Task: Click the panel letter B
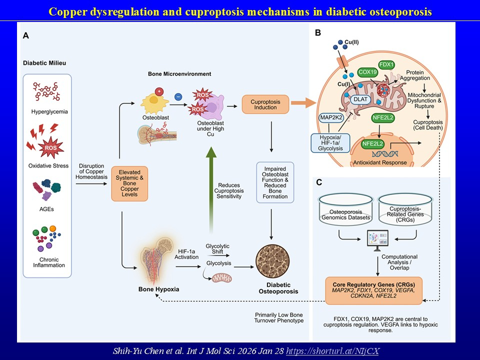pyautogui.click(x=317, y=33)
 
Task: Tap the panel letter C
pyautogui.click(x=318, y=183)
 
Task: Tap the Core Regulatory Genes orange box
pyautogui.click(x=373, y=290)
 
